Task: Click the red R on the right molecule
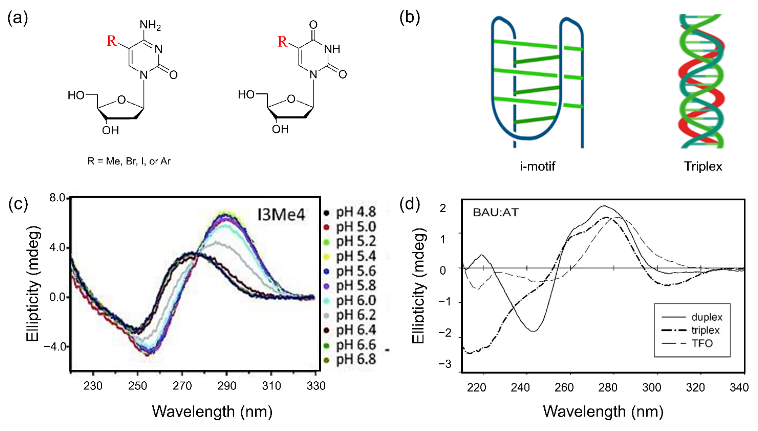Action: (282, 41)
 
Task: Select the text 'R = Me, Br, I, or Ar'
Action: (129, 161)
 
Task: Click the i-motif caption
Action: (537, 166)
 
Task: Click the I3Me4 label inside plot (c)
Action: (281, 215)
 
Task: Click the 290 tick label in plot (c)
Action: (226, 386)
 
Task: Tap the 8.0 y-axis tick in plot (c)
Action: (57, 198)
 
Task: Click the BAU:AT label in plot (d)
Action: (496, 212)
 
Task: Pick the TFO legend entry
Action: (702, 343)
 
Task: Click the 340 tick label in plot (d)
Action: (739, 387)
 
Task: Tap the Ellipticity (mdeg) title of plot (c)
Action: (32, 284)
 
